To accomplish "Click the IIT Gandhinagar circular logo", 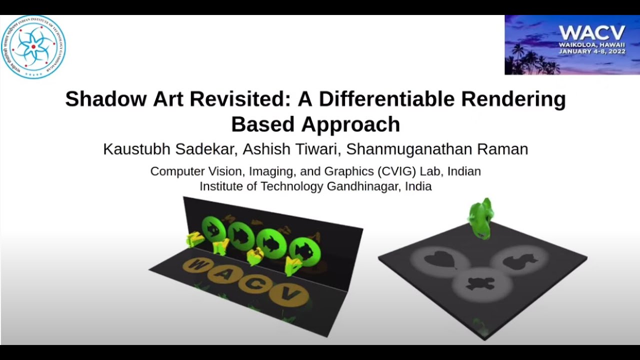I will (x=33, y=46).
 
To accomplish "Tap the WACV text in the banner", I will (x=592, y=33).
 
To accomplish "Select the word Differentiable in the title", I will (x=386, y=99).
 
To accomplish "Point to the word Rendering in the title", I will (x=513, y=99).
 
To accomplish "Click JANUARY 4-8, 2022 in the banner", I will (x=593, y=51).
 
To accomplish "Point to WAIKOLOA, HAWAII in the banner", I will (x=592, y=44).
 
